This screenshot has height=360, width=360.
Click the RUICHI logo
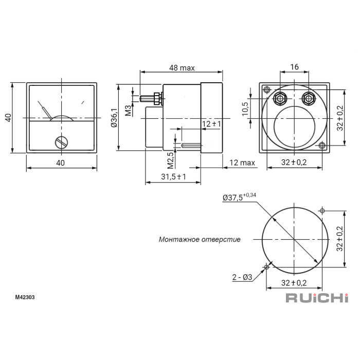317,298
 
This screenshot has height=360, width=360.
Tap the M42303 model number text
25,297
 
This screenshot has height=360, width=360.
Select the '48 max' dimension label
182,68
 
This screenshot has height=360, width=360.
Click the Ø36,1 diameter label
114,118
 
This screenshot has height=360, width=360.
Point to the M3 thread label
129,111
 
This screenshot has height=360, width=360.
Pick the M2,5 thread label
170,160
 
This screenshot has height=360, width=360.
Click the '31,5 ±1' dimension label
174,176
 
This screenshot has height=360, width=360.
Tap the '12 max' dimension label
242,163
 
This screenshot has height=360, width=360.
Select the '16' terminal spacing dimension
294,67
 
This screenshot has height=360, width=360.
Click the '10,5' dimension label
245,109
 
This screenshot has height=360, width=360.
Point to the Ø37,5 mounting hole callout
239,197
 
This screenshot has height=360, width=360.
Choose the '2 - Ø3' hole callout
242,277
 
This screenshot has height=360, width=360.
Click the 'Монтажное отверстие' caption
200,240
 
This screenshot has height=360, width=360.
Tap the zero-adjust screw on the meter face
62,142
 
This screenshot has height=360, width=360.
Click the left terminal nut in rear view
280,99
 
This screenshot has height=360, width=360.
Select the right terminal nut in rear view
309,99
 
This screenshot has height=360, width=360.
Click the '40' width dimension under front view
60,163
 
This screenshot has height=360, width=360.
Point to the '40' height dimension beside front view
8,118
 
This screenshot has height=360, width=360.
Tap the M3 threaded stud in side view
148,99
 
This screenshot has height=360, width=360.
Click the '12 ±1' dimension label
211,124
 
